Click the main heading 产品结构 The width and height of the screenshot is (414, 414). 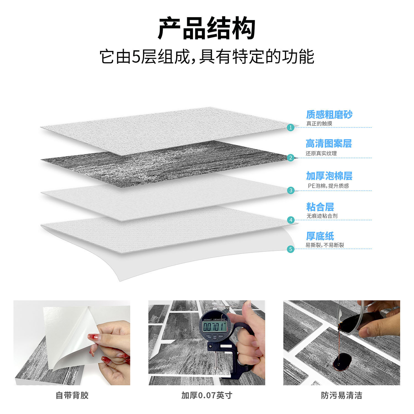coord(206,28)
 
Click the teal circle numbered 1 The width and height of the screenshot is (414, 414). coord(291,128)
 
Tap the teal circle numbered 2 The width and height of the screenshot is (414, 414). coord(291,158)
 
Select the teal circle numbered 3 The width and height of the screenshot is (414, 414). coord(291,190)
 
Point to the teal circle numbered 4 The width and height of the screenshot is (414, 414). coord(291,220)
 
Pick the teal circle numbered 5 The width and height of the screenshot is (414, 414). coord(290,249)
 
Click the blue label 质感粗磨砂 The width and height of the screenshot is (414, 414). coord(329,115)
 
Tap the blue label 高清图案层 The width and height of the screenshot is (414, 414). coord(328,144)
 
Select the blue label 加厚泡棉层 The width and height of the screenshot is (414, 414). coord(329,176)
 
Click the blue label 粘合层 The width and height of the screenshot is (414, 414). coord(320,207)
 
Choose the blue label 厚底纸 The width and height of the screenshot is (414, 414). coord(320,236)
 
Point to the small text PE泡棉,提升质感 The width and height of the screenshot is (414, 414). coord(328,186)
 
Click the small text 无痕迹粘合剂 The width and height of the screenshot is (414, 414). coord(322,216)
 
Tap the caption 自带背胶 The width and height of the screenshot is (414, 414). coord(72,395)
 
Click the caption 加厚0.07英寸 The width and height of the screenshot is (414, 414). coord(207,395)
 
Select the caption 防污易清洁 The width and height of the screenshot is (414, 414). coord(341,395)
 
